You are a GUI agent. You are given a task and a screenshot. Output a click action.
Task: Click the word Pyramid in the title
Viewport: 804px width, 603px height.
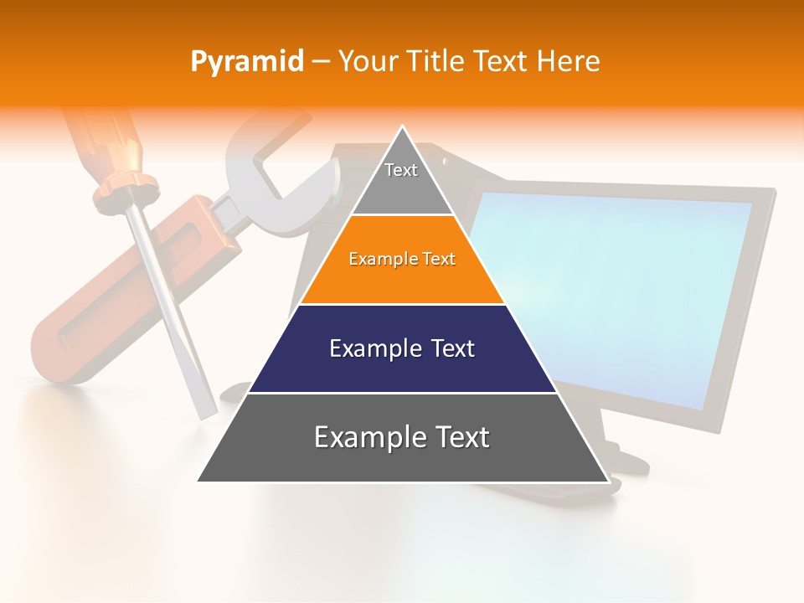click(x=247, y=62)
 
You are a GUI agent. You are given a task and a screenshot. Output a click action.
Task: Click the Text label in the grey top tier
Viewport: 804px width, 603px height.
click(x=401, y=171)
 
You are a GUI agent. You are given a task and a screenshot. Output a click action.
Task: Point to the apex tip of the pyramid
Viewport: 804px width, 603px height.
click(x=403, y=127)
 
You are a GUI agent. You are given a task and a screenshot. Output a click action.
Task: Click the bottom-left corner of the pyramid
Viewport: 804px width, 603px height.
click(x=198, y=481)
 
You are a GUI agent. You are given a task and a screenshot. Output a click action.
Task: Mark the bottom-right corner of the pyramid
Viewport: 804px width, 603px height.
click(x=608, y=482)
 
